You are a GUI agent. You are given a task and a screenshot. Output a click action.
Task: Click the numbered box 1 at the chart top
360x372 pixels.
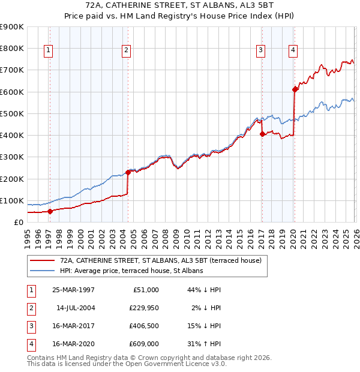(x=48, y=50)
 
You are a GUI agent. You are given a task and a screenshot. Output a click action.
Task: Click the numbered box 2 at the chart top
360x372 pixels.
(x=126, y=50)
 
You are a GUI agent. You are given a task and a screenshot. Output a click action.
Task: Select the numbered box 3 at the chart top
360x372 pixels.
(x=262, y=50)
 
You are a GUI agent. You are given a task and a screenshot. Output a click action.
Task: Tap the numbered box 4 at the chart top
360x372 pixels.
(x=293, y=50)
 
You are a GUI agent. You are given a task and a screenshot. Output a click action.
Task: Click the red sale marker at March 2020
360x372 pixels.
(x=295, y=89)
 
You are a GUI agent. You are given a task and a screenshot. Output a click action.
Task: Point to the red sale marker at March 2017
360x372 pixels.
(x=262, y=134)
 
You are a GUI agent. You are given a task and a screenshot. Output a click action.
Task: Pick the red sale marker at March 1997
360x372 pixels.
(x=50, y=211)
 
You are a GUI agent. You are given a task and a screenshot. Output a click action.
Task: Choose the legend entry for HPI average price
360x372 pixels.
(x=131, y=271)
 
